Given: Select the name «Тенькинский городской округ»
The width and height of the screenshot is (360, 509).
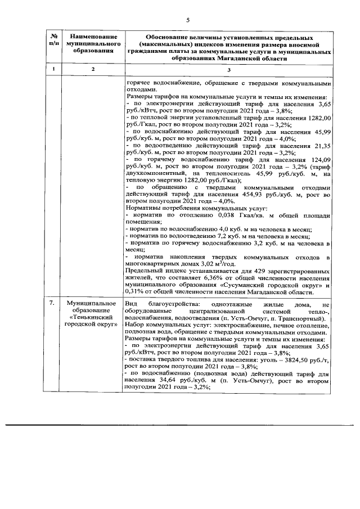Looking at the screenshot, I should click(x=93, y=321).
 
